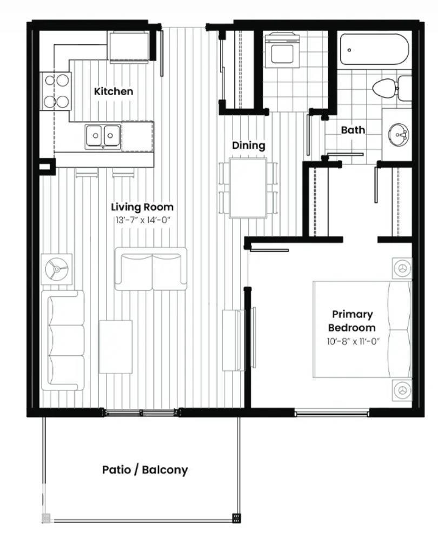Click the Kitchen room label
pos(114,91)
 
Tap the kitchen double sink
pos(103,135)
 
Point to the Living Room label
pos(142,207)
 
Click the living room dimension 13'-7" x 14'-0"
pos(142,220)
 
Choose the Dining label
pos(249,145)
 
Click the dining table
pos(248,188)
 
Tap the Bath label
pos(353,130)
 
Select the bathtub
pos(374,50)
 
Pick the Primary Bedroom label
pos(352,321)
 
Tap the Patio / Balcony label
pos(145,469)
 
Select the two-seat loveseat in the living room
pos(151,269)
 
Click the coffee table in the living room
pos(116,347)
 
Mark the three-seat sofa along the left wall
pos(63,341)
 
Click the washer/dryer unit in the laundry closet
pos(281,50)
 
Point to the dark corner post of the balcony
pos(236,518)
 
